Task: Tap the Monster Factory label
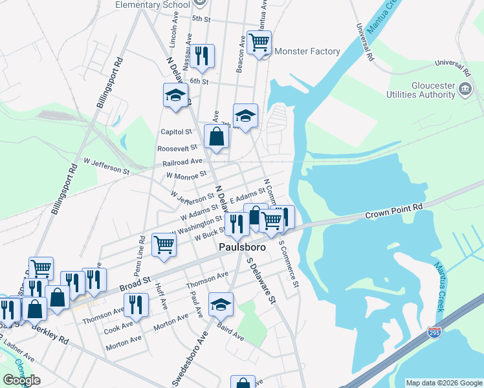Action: click(x=307, y=51)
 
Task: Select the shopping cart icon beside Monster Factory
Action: click(x=259, y=43)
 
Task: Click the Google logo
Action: click(x=21, y=380)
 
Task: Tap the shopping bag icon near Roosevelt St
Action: click(x=215, y=136)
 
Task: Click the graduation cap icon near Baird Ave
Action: click(x=221, y=304)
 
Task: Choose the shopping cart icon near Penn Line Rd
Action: click(x=164, y=245)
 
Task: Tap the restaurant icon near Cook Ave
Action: click(x=136, y=304)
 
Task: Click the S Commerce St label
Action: click(x=289, y=264)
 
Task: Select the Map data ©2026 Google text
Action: click(x=443, y=383)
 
